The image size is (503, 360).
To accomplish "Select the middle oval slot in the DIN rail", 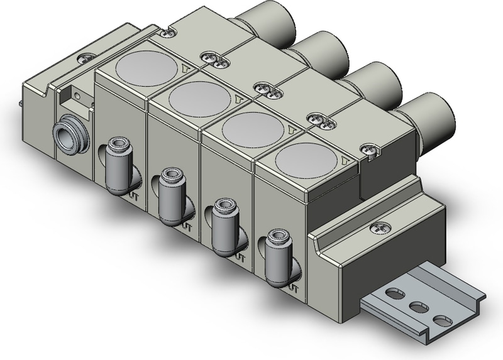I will pyautogui.click(x=416, y=307).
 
